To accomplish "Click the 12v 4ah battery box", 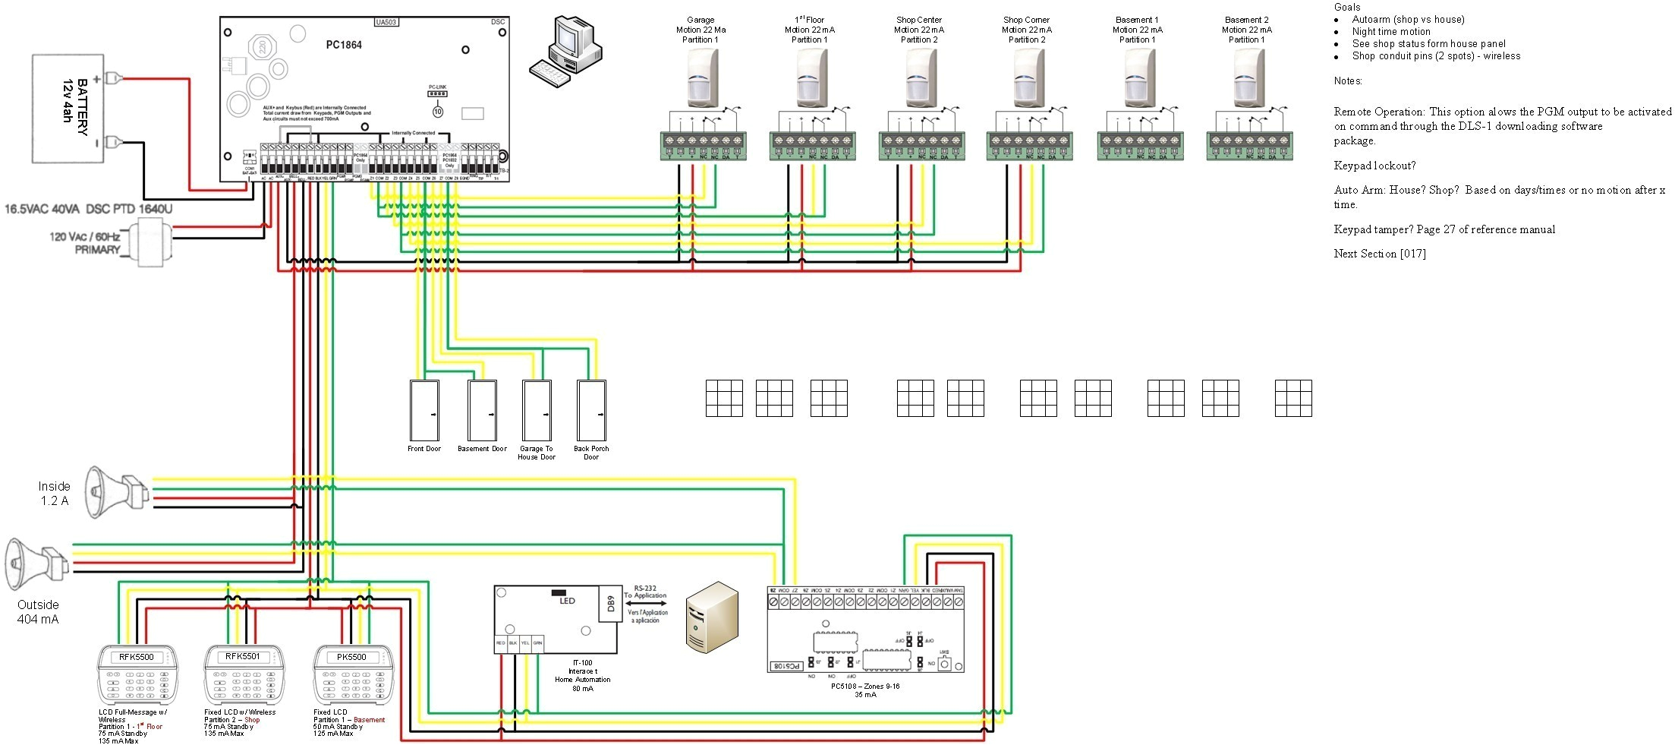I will pyautogui.click(x=68, y=108).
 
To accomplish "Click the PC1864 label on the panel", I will pyautogui.click(x=344, y=45).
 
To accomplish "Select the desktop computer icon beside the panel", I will pyautogui.click(x=565, y=52).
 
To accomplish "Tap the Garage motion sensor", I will pyautogui.click(x=702, y=79).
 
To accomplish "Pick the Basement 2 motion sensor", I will pyautogui.click(x=1248, y=79).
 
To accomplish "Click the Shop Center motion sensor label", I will pyautogui.click(x=918, y=30).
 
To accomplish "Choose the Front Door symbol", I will pyautogui.click(x=424, y=410).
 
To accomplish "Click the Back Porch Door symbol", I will pyautogui.click(x=591, y=410).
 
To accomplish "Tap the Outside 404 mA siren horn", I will pyautogui.click(x=34, y=563).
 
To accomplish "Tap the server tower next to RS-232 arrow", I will pyautogui.click(x=711, y=617).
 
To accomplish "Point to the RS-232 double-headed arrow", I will pyautogui.click(x=646, y=603).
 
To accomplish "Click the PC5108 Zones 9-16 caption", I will pyautogui.click(x=865, y=690).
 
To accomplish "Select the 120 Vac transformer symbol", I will pyautogui.click(x=150, y=241).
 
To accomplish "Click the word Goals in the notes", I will pyautogui.click(x=1347, y=7).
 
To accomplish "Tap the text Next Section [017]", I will pyautogui.click(x=1379, y=254).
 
